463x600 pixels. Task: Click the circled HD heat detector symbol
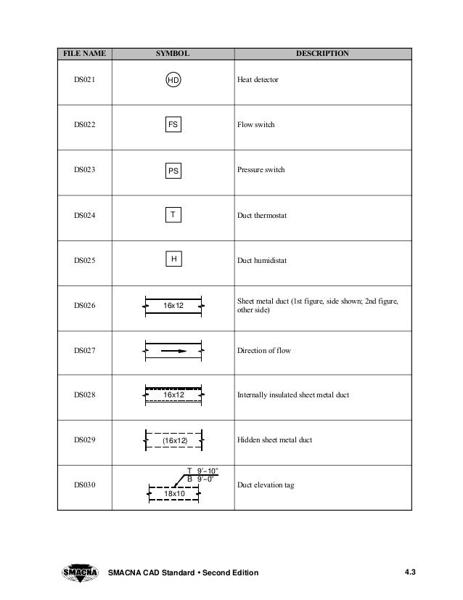(x=173, y=80)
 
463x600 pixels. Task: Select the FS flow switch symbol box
(x=173, y=125)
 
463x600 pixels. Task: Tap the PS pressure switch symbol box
(x=173, y=171)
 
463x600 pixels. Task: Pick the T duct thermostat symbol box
(x=173, y=215)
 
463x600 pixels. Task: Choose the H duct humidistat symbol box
(x=173, y=259)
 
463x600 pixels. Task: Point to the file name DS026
(x=84, y=306)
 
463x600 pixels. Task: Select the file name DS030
(x=84, y=485)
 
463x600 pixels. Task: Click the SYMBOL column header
(x=173, y=54)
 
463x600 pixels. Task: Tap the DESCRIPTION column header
(x=321, y=54)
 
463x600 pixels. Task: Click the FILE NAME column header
(x=84, y=54)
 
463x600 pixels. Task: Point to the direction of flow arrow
(x=173, y=351)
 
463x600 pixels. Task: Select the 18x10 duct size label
(x=173, y=494)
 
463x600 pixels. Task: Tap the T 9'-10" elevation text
(x=201, y=471)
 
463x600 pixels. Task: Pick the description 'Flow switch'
(x=256, y=125)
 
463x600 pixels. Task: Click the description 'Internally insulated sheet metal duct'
(x=294, y=395)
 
